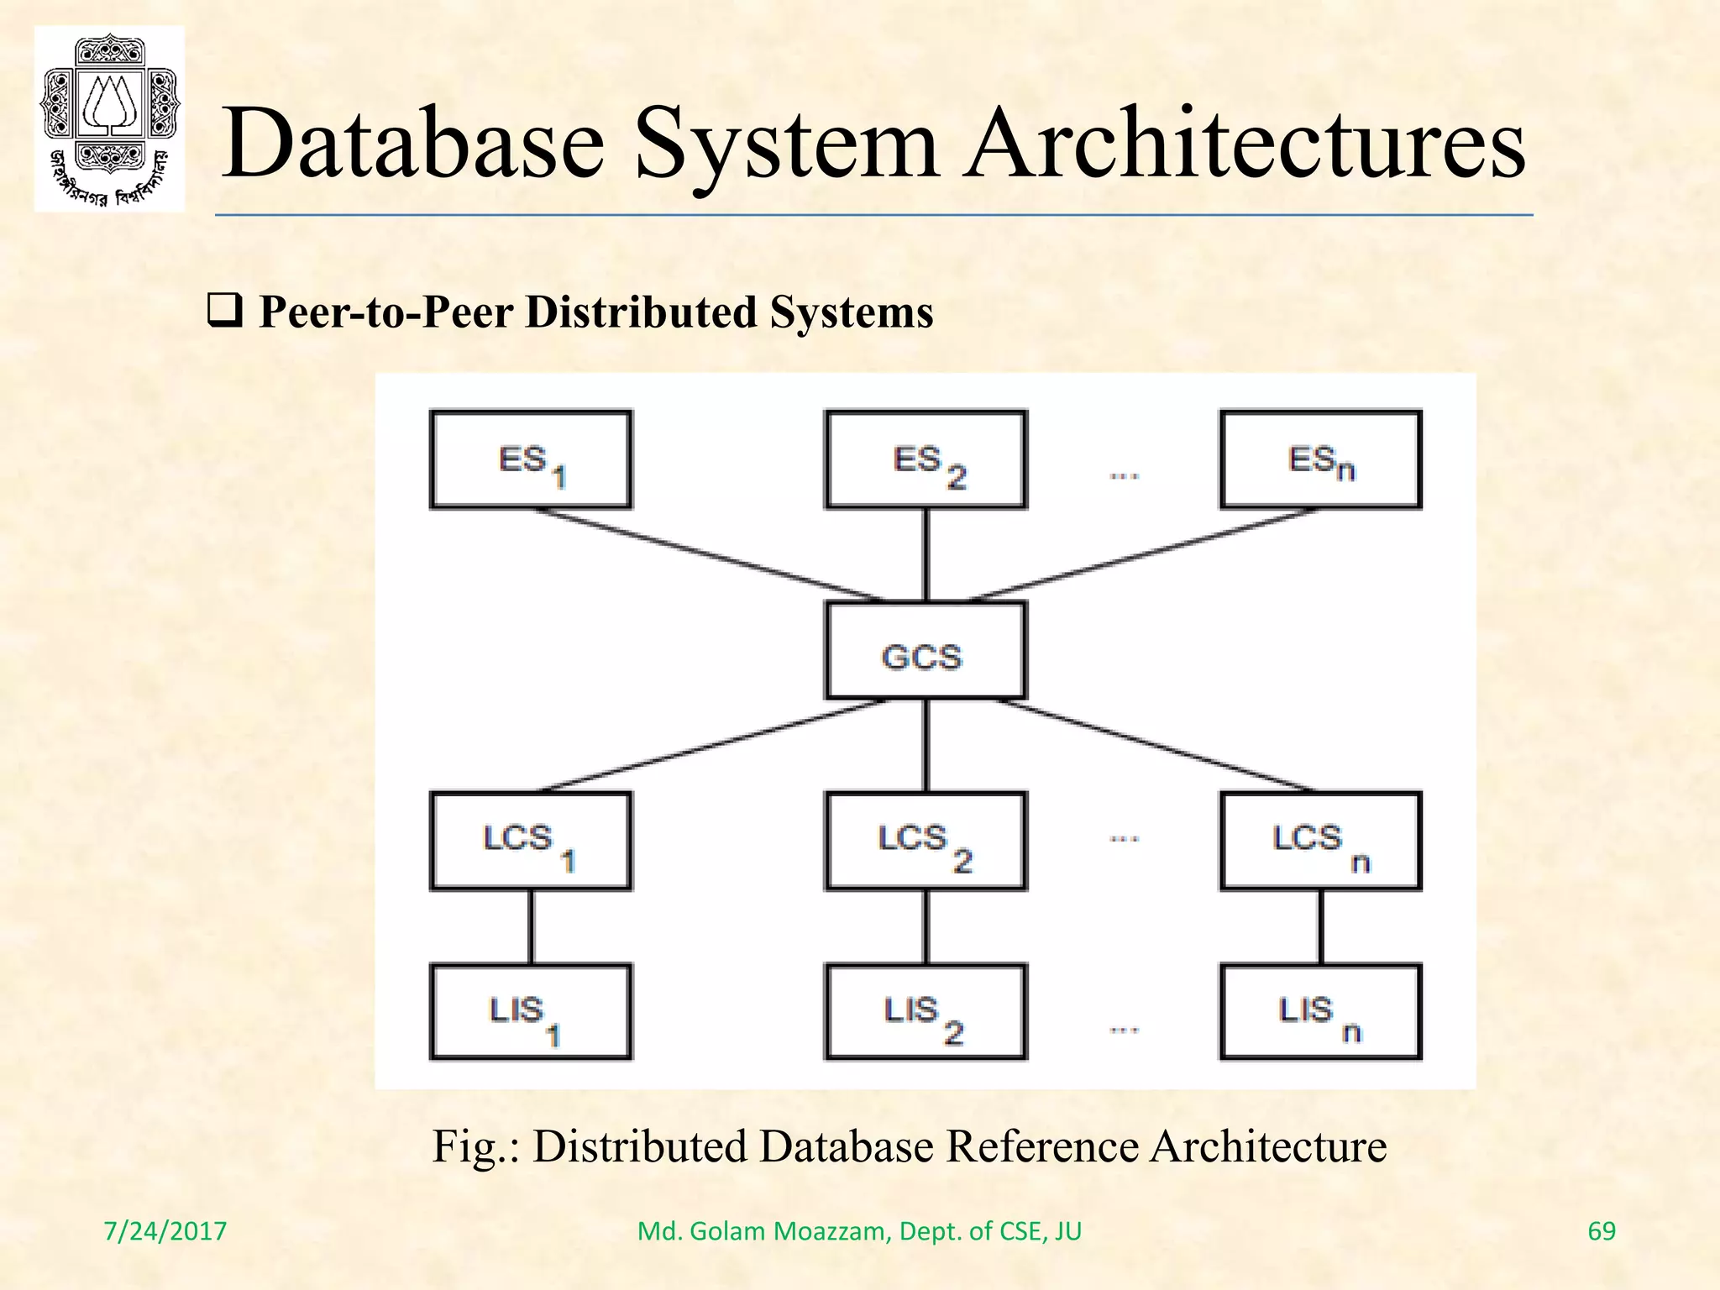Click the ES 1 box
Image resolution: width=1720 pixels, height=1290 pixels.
(530, 459)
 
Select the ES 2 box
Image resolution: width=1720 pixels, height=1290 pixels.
(926, 459)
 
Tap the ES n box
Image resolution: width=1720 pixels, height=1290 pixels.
(1320, 459)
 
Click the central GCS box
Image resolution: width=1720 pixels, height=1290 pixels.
(926, 650)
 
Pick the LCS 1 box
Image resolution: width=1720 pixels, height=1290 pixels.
(530, 841)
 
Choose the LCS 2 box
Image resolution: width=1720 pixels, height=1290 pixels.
(926, 841)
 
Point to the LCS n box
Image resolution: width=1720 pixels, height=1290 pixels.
(1320, 841)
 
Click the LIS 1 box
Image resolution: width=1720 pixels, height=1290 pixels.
(530, 1012)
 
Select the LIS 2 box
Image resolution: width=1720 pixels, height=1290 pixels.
(926, 1012)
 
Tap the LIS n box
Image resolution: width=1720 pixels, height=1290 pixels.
(1320, 1012)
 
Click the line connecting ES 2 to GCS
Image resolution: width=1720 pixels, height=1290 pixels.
(926, 554)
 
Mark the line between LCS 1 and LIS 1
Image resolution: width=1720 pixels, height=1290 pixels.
(530, 926)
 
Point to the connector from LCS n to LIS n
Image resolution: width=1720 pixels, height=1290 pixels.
(1320, 926)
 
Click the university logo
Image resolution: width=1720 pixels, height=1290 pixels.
(109, 118)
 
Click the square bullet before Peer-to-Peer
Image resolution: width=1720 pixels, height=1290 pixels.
(225, 312)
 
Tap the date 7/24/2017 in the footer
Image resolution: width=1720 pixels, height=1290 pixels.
(165, 1231)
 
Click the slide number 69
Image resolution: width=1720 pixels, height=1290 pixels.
(1601, 1231)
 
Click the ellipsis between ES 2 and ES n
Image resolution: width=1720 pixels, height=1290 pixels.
(1124, 476)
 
